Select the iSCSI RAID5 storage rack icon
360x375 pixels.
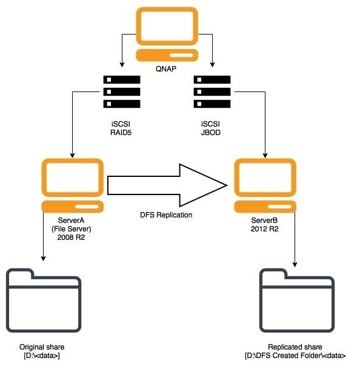[x=122, y=92]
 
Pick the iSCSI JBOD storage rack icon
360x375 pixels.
[x=212, y=92]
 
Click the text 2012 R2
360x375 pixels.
[x=265, y=229]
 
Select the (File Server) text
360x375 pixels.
[x=72, y=229]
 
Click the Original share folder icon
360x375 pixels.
[x=42, y=297]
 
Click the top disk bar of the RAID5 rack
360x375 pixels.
[x=122, y=80]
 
